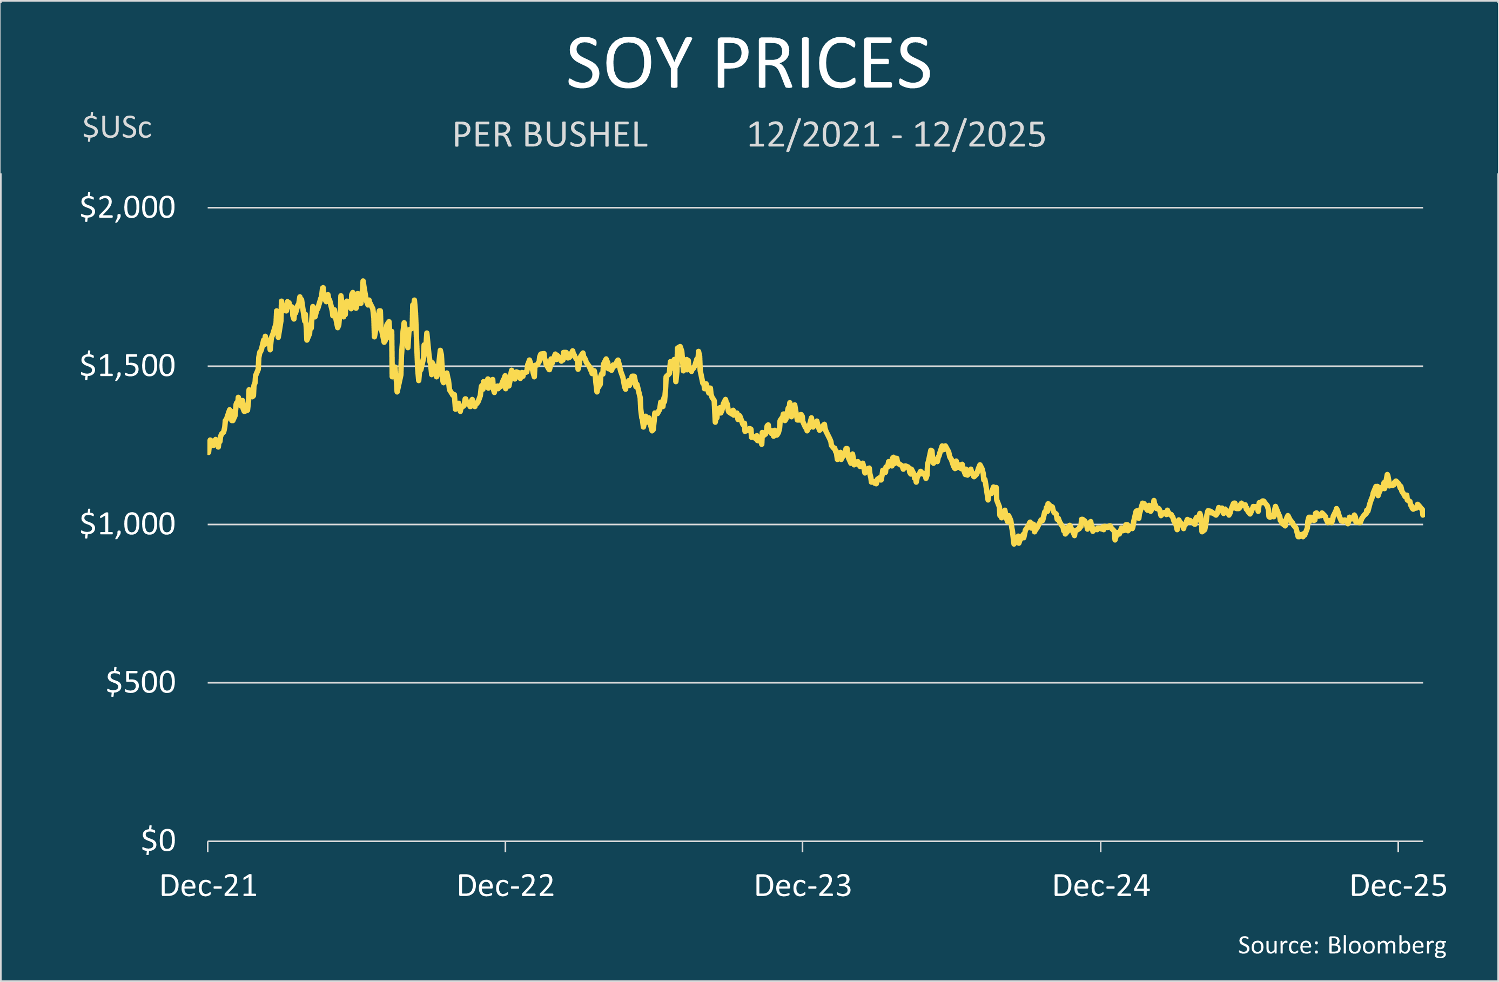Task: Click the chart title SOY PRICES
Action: pyautogui.click(x=748, y=63)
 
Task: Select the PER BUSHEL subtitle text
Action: pyautogui.click(x=550, y=135)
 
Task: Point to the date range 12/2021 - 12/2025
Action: pyautogui.click(x=896, y=135)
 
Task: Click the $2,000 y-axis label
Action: pyautogui.click(x=127, y=207)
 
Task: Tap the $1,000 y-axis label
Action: pyautogui.click(x=127, y=523)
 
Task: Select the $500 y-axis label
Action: pyautogui.click(x=140, y=682)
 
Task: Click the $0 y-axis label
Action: pyautogui.click(x=158, y=840)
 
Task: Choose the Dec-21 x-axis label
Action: pyautogui.click(x=209, y=886)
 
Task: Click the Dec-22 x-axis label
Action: pyautogui.click(x=505, y=886)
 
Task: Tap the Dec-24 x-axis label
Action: pyautogui.click(x=1101, y=886)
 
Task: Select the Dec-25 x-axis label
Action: pyautogui.click(x=1398, y=886)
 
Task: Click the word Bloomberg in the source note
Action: pyautogui.click(x=1387, y=945)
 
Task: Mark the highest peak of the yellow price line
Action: pyautogui.click(x=363, y=281)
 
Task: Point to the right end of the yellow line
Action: pyautogui.click(x=1423, y=514)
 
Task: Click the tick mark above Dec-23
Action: pyautogui.click(x=802, y=846)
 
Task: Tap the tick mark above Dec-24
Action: pyautogui.click(x=1100, y=846)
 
